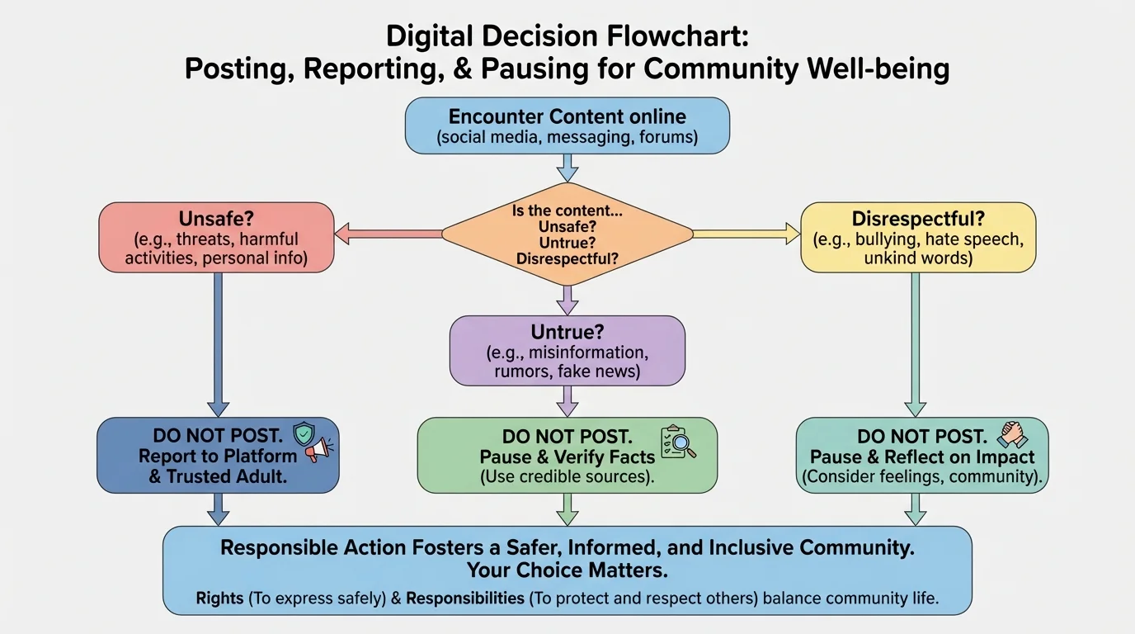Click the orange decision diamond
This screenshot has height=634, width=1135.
pyautogui.click(x=567, y=234)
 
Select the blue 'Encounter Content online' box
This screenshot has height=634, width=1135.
pyautogui.click(x=567, y=125)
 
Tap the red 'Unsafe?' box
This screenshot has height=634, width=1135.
pyautogui.click(x=216, y=238)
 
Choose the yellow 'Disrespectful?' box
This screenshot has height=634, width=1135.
pyautogui.click(x=918, y=238)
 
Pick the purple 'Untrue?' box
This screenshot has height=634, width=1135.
pyautogui.click(x=567, y=351)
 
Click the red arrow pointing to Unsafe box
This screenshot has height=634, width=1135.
pyautogui.click(x=388, y=235)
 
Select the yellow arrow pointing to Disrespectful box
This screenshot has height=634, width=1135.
pyautogui.click(x=746, y=235)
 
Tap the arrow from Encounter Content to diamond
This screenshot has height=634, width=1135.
pyautogui.click(x=567, y=168)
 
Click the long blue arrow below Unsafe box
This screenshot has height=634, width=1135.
pyautogui.click(x=218, y=343)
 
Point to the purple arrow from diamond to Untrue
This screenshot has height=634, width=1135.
pyautogui.click(x=567, y=300)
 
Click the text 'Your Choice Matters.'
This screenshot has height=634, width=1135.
pyautogui.click(x=567, y=570)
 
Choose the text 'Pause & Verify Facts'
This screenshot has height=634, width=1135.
pyautogui.click(x=567, y=457)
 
